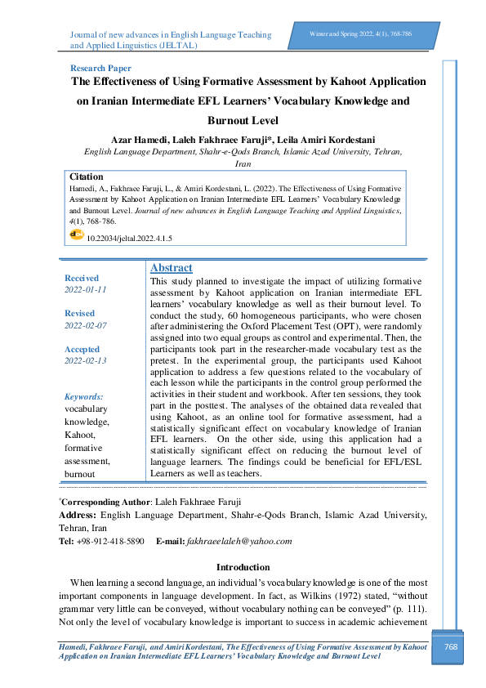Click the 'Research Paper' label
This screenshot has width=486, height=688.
(x=101, y=69)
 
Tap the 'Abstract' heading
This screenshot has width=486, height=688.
(x=172, y=268)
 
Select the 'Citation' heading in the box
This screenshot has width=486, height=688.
(x=87, y=176)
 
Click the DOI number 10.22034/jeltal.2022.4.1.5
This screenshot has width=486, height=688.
(x=129, y=239)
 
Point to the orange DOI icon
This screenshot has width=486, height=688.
(x=77, y=235)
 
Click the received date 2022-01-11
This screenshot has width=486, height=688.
(x=86, y=290)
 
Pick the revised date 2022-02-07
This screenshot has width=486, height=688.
(x=86, y=325)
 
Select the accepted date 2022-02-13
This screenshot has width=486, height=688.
(x=86, y=360)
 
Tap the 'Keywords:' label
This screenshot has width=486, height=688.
(x=83, y=395)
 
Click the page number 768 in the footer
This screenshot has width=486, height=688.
(x=449, y=648)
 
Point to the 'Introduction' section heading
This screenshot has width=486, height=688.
(x=243, y=567)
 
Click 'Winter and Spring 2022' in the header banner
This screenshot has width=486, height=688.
(x=340, y=33)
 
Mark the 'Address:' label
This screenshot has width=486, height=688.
(x=78, y=515)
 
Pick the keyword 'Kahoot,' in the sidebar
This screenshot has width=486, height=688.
(x=80, y=435)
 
